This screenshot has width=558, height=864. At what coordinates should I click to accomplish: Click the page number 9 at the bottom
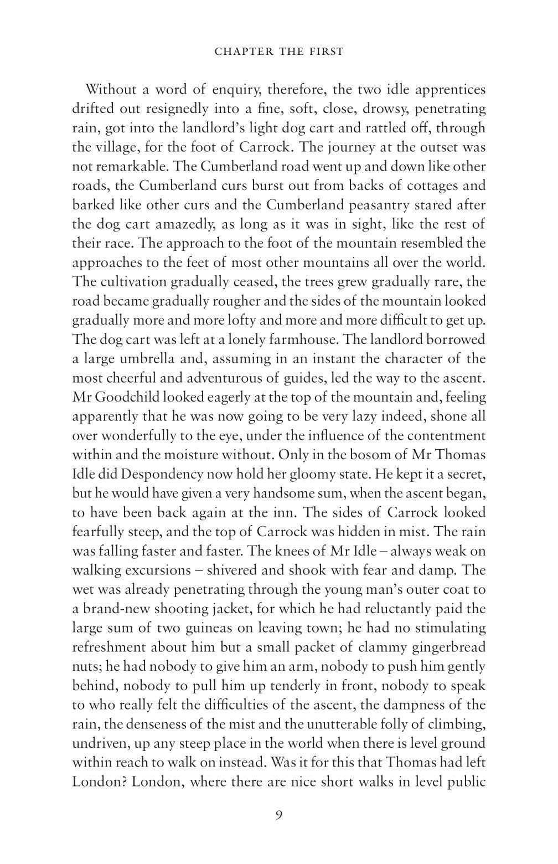pos(279,814)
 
